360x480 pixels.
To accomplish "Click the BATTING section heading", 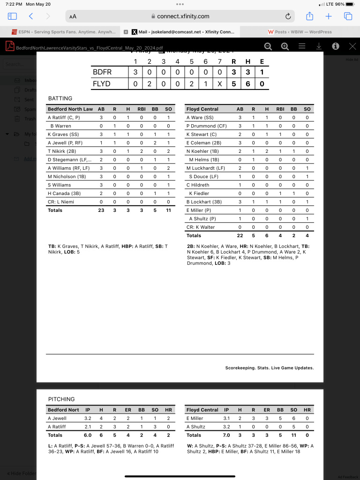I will pos(60,98).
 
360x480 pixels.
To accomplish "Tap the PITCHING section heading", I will pos(61,399).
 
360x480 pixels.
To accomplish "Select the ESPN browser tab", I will pos(63,32).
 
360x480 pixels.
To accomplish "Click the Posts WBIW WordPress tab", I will pos(300,32).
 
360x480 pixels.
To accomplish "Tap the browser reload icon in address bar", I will pos(288,16).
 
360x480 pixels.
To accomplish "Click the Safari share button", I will pos(309,16).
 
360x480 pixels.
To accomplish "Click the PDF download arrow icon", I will pos(319,46).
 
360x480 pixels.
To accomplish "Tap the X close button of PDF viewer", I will pos(352,46).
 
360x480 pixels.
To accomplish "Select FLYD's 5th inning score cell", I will pos(191,84).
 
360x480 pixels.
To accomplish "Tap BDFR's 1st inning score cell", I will pos(135,72).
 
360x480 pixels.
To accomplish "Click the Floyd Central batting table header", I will pos(202,109).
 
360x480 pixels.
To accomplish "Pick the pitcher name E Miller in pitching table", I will pos(195,418).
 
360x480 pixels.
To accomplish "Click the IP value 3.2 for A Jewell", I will pos(88,418).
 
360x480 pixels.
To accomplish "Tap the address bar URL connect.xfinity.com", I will pos(183,16).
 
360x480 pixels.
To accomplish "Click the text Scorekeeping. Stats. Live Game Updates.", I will pos(269,368).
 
